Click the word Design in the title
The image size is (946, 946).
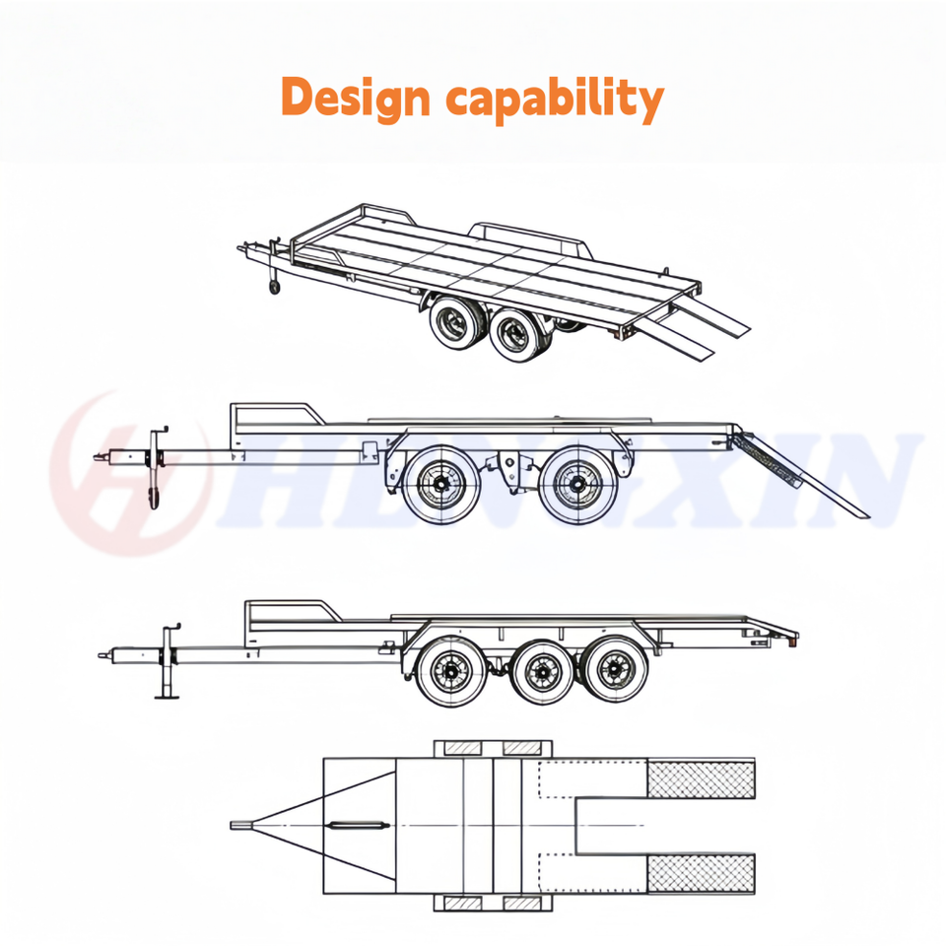(x=356, y=98)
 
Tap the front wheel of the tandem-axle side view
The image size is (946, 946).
(x=441, y=485)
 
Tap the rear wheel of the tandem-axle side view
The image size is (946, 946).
(x=578, y=485)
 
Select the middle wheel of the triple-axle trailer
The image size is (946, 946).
(x=543, y=671)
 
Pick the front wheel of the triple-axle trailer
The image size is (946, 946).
(x=451, y=671)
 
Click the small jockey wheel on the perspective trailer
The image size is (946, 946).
(x=275, y=287)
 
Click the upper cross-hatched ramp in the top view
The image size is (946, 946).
(x=701, y=778)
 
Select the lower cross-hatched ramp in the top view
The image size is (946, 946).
(x=701, y=873)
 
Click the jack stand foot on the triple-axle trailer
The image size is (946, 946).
(x=168, y=697)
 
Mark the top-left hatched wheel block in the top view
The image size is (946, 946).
(x=463, y=749)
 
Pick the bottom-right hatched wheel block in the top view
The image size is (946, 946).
(x=522, y=904)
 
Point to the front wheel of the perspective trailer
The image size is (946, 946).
(x=455, y=323)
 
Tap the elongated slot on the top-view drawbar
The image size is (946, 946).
(x=357, y=825)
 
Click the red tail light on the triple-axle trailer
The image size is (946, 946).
(x=792, y=642)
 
